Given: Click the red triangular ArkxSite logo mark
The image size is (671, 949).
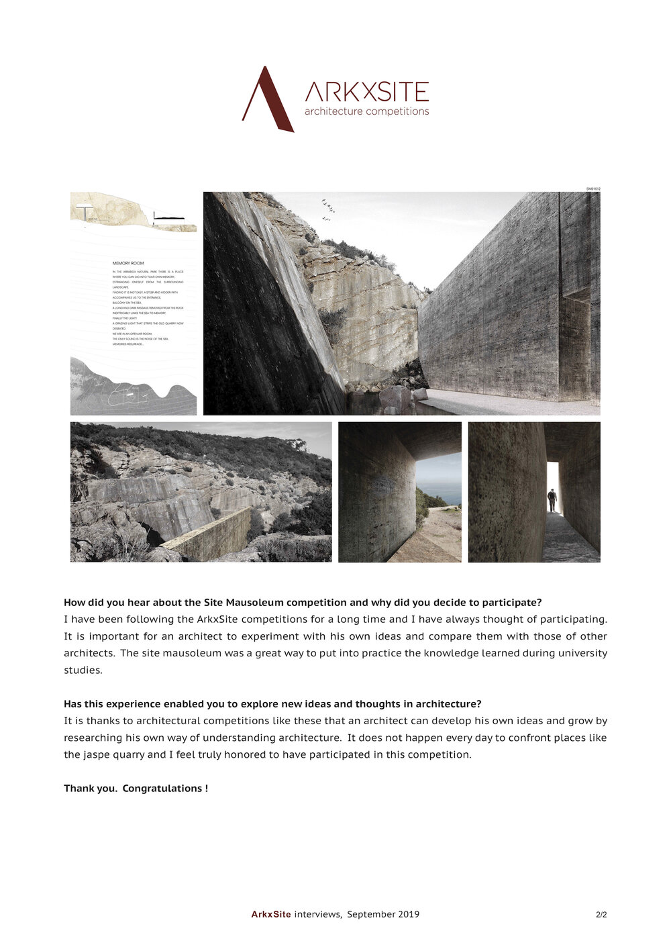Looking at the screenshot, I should [267, 101].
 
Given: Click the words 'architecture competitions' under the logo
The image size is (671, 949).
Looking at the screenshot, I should [366, 111].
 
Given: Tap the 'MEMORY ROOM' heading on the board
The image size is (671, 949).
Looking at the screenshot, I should [128, 263].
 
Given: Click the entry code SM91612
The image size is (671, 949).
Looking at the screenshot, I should [592, 189].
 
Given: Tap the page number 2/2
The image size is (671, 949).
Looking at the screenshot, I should [601, 915].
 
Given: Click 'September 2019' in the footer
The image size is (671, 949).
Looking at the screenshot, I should [383, 914].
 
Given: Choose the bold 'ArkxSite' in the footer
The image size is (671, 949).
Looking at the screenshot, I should [271, 914].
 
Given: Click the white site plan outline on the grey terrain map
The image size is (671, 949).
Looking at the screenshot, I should [127, 396].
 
